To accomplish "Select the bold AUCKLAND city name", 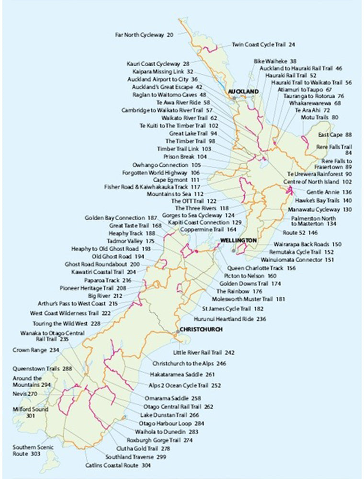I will [x=243, y=91].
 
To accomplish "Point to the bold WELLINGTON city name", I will [x=238, y=240].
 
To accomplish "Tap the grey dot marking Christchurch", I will [x=177, y=331].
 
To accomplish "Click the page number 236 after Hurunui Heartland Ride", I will [x=261, y=319].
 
